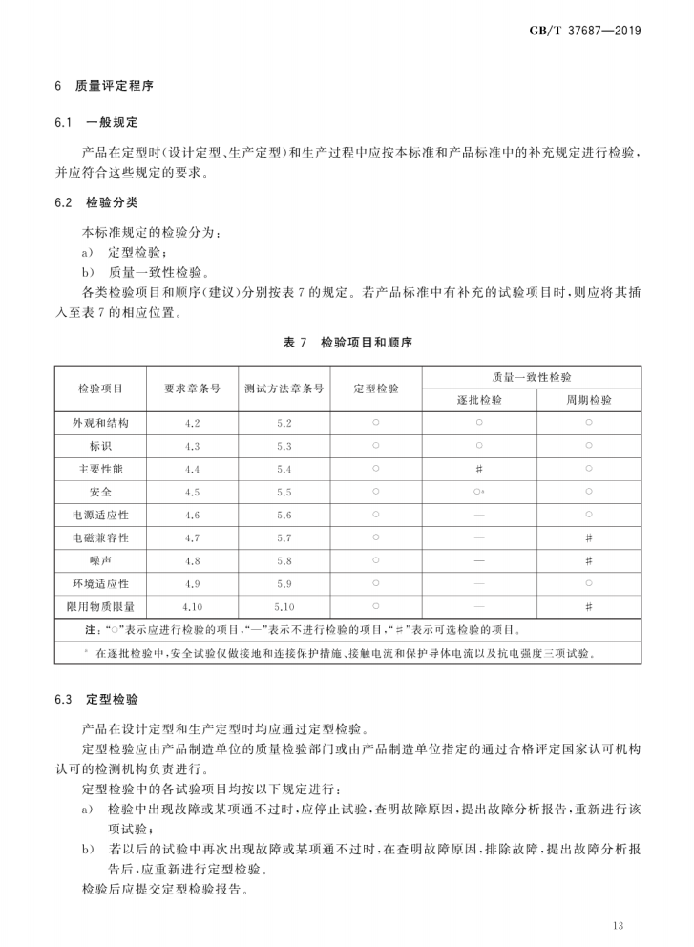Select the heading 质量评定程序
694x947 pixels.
(x=112, y=86)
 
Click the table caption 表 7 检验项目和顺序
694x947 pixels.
(x=347, y=341)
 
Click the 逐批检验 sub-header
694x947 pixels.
(x=478, y=400)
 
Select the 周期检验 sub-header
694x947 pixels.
(x=588, y=400)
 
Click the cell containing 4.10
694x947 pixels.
(x=192, y=606)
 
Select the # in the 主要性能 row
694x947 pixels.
(x=478, y=469)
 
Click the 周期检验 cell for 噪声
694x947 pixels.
(x=588, y=560)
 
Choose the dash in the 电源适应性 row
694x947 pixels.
(x=478, y=515)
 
